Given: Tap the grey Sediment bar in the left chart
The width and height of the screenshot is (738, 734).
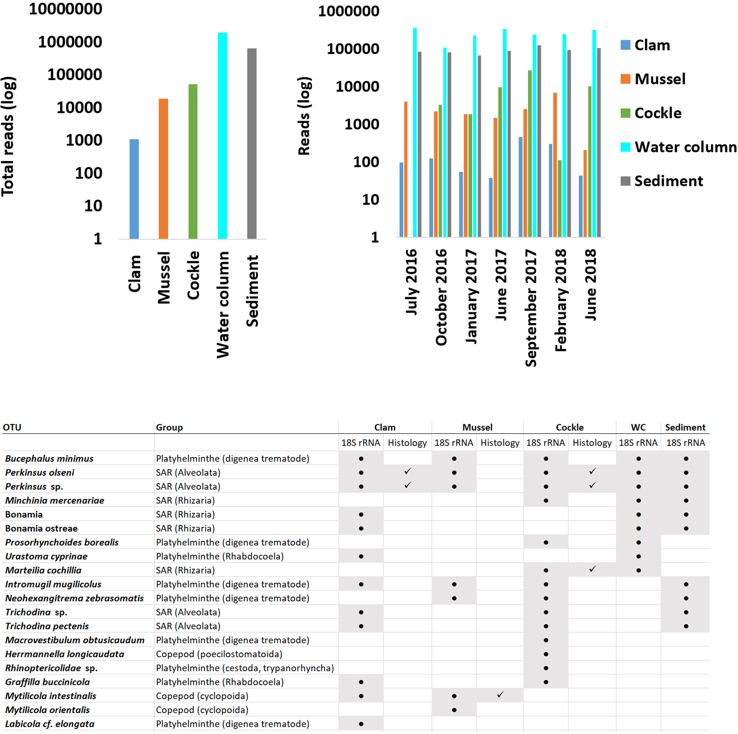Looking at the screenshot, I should [252, 143].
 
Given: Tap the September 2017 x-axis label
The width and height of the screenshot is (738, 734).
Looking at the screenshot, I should [531, 308].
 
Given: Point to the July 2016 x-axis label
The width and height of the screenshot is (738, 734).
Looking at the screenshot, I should [411, 282].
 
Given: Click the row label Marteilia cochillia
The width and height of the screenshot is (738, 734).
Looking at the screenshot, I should [43, 570].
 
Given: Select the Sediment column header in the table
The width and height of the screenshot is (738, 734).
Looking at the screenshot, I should [685, 427].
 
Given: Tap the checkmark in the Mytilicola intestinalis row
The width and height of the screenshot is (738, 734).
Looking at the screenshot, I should [500, 695].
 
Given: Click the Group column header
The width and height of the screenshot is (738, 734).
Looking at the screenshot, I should [169, 427].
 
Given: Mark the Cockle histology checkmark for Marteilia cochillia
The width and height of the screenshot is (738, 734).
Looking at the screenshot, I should [592, 569].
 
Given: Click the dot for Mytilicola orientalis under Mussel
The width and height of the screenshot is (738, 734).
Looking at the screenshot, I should [454, 710].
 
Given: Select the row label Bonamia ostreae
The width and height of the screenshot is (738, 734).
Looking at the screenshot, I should [41, 528].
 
